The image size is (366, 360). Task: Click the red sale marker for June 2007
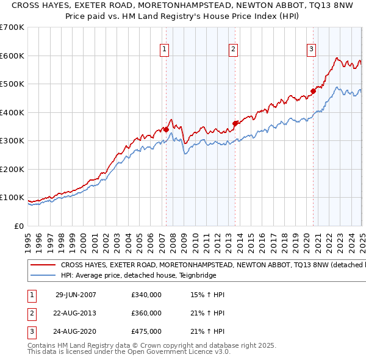click(x=166, y=129)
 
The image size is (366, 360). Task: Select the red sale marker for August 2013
click(x=235, y=123)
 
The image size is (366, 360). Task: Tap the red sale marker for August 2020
click(x=313, y=91)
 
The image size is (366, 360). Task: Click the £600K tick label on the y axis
click(x=12, y=56)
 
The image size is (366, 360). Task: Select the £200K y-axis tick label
click(x=12, y=169)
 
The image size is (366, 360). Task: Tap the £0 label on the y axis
click(x=18, y=226)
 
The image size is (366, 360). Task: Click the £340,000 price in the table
click(x=146, y=295)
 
